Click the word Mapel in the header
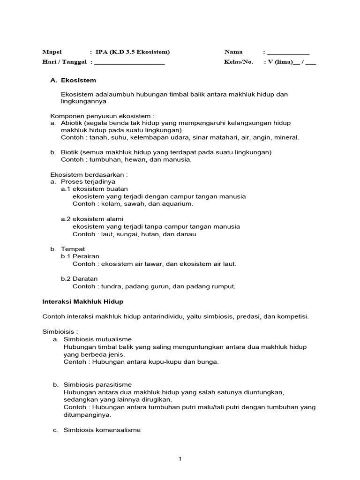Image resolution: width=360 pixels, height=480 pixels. [x=52, y=52]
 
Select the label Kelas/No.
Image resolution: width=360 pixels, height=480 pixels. [x=239, y=62]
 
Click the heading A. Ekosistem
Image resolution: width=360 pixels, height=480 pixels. [x=73, y=80]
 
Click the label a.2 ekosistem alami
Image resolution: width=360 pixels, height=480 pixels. [x=91, y=219]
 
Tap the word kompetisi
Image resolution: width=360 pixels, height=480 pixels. [x=293, y=316]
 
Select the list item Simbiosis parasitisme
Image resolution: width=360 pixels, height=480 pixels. [x=97, y=384]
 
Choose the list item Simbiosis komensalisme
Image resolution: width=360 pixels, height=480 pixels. [x=102, y=429]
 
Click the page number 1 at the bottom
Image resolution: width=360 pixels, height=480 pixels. [x=180, y=459]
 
